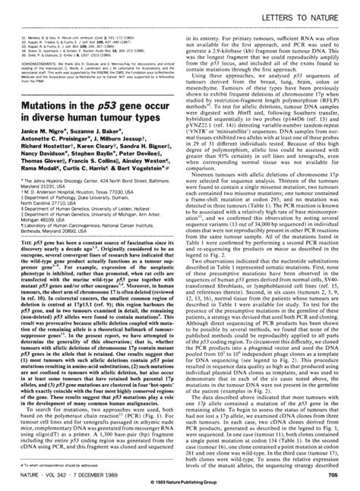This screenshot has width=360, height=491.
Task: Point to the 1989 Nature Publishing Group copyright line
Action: pos(180,483)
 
